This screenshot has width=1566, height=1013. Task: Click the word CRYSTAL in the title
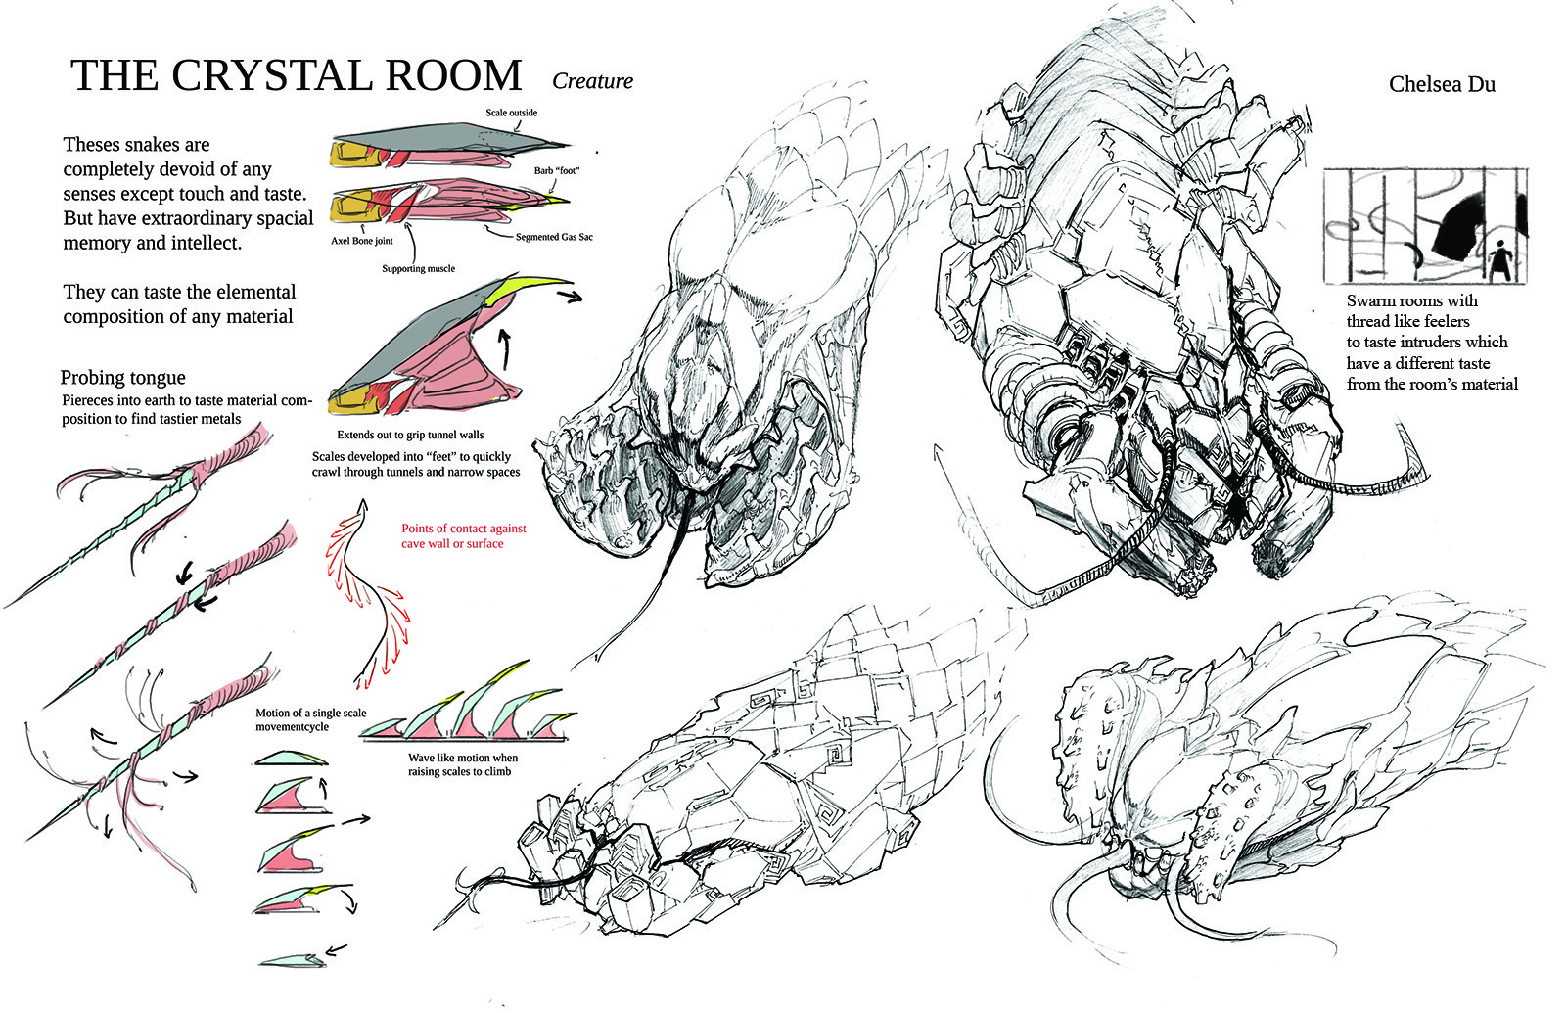point(271,74)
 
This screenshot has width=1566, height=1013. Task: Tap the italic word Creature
point(592,81)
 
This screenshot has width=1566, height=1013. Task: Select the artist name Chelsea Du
point(1442,84)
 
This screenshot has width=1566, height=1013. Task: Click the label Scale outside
point(511,113)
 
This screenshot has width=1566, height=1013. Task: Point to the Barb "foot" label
point(557,170)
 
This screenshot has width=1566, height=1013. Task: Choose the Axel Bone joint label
point(362,241)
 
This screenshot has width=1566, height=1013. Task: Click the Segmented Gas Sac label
point(554,237)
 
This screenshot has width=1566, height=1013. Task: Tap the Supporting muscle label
point(418,268)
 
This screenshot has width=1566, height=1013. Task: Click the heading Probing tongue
point(123,378)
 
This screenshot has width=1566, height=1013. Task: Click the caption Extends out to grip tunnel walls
point(410,435)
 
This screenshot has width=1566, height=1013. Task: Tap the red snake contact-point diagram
point(367,594)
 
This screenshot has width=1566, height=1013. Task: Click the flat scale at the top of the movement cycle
point(291,758)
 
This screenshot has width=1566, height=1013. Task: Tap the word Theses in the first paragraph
point(89,145)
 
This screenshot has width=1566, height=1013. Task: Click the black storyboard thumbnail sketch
point(1425,225)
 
